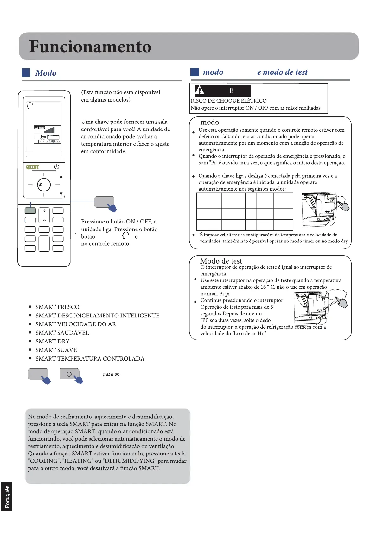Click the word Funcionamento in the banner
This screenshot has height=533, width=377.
(90, 47)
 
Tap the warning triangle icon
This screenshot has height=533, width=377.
(200, 91)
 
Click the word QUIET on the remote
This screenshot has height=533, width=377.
(32, 167)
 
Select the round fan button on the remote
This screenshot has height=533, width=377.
(44, 185)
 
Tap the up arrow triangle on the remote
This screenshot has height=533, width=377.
(61, 177)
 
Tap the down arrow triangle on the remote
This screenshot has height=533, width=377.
(61, 194)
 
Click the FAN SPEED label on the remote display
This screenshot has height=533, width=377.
(40, 128)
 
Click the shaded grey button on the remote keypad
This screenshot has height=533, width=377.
(30, 210)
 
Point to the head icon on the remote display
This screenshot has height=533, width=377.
(29, 105)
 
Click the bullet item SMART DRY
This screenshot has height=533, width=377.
(52, 341)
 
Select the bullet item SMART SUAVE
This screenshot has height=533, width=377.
(56, 350)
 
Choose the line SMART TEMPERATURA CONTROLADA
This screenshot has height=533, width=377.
(90, 358)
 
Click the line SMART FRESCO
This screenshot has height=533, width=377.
(57, 307)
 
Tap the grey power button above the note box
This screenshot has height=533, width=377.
(69, 374)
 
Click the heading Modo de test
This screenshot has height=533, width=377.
(221, 261)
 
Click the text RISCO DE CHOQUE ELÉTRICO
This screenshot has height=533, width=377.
(228, 101)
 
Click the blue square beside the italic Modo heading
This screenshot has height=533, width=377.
(26, 73)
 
